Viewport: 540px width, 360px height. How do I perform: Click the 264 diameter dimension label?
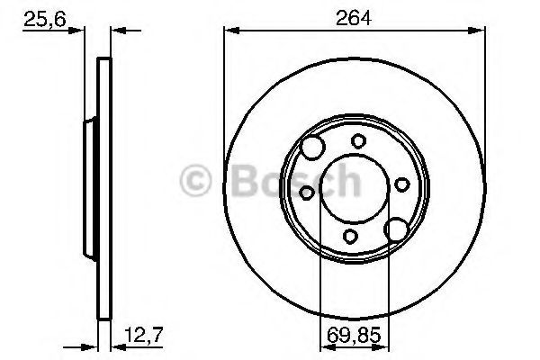pyautogui.click(x=354, y=18)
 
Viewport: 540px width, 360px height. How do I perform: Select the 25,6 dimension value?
pyautogui.click(x=44, y=19)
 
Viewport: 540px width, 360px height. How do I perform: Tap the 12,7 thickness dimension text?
pyautogui.click(x=143, y=335)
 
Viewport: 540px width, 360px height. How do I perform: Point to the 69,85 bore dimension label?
pyautogui.click(x=354, y=335)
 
